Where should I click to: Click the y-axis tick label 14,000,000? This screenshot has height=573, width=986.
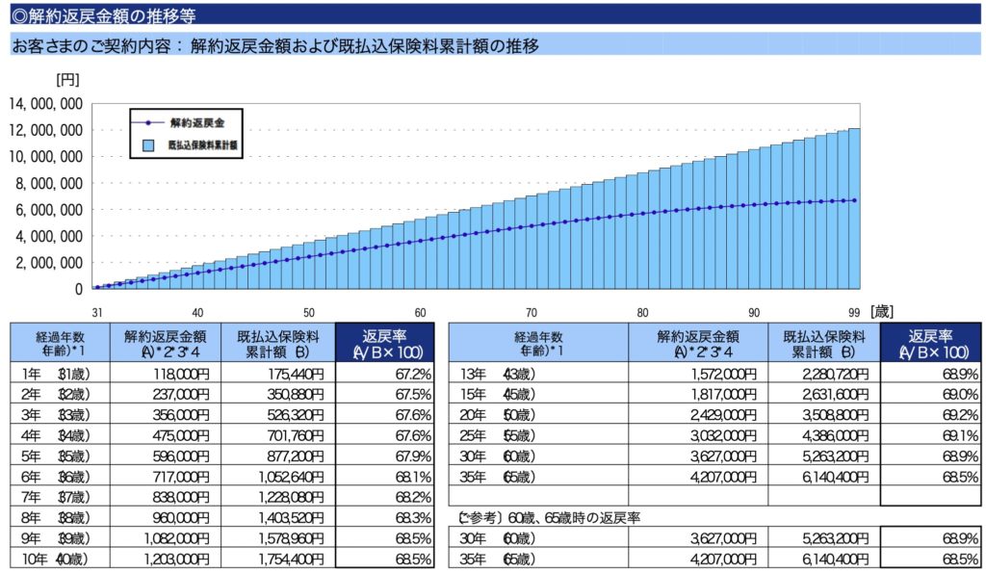click(45, 104)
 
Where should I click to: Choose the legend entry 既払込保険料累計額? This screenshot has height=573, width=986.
click(202, 145)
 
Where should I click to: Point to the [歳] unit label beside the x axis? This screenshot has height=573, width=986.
click(884, 312)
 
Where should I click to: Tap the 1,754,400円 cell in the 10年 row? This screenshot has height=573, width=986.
click(287, 559)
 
